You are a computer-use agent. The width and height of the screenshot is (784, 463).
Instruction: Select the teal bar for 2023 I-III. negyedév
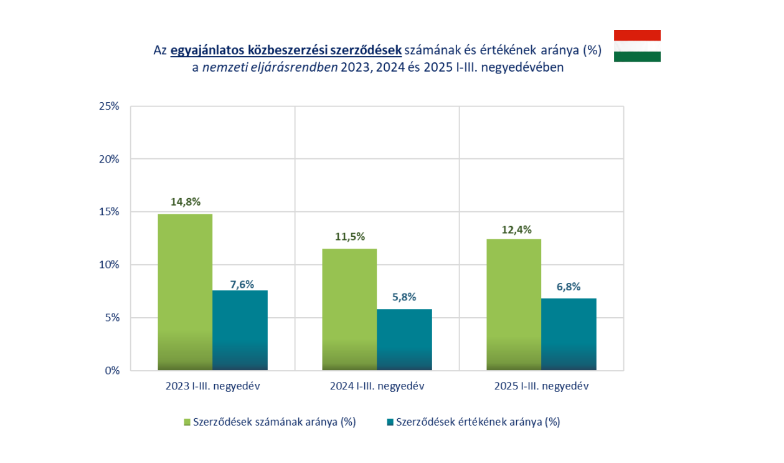(x=240, y=330)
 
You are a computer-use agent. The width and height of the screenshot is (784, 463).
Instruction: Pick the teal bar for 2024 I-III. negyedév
(x=404, y=340)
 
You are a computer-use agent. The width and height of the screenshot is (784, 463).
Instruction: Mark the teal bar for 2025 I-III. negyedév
(x=569, y=334)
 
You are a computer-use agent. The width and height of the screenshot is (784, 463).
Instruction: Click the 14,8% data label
(x=186, y=202)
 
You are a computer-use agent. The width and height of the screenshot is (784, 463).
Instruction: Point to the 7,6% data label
(x=240, y=284)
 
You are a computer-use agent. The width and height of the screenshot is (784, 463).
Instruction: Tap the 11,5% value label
(x=350, y=237)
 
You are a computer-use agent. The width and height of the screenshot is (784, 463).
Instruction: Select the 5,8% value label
(x=405, y=297)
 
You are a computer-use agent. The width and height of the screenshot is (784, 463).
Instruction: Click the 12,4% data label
(x=514, y=229)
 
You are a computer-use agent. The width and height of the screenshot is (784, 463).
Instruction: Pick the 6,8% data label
(x=569, y=287)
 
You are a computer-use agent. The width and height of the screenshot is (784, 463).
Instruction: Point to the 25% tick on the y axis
(x=109, y=106)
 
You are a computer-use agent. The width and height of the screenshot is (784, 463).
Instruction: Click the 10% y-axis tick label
(x=109, y=265)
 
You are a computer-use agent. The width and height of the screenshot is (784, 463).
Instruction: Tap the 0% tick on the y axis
(x=112, y=371)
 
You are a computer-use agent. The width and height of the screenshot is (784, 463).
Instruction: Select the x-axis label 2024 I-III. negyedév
(x=377, y=386)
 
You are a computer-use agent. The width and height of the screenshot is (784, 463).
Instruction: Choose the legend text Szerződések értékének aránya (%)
(x=478, y=422)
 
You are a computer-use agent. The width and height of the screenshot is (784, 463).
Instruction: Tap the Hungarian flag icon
(x=637, y=45)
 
